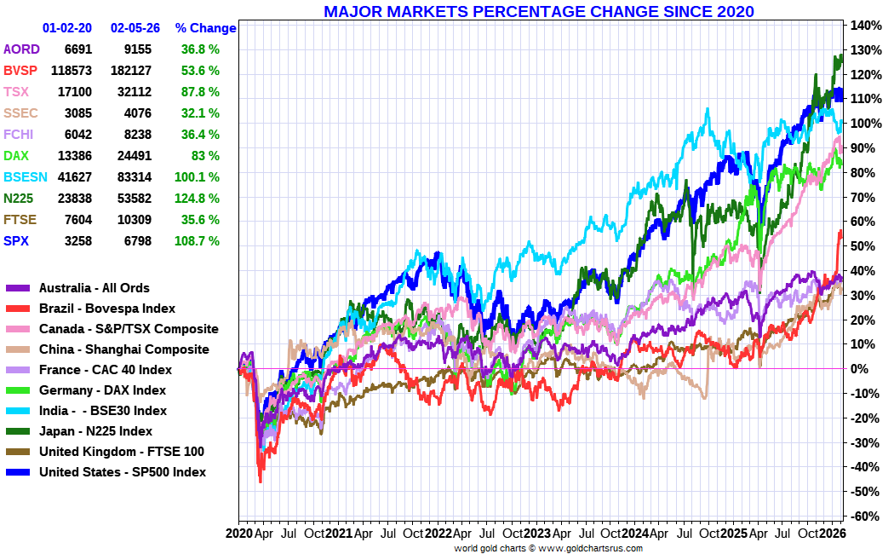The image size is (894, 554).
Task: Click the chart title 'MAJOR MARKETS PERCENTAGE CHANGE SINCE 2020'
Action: (539, 11)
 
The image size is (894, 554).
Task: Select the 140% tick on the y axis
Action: (864, 26)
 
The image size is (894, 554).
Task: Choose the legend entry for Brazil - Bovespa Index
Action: (107, 309)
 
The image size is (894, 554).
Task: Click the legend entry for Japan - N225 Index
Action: (95, 431)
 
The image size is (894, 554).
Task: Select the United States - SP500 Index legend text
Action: (123, 472)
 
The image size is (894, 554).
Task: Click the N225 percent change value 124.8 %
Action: (200, 199)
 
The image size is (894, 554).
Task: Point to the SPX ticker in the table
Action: (17, 241)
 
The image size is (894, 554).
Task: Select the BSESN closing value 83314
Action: (131, 177)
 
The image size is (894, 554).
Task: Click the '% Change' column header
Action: (205, 28)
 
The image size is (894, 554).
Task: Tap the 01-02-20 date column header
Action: (67, 28)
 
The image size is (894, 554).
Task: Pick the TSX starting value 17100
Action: (75, 92)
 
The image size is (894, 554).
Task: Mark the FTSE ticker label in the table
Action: (20, 220)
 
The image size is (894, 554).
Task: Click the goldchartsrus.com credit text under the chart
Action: (548, 549)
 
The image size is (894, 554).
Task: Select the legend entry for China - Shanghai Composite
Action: (123, 349)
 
